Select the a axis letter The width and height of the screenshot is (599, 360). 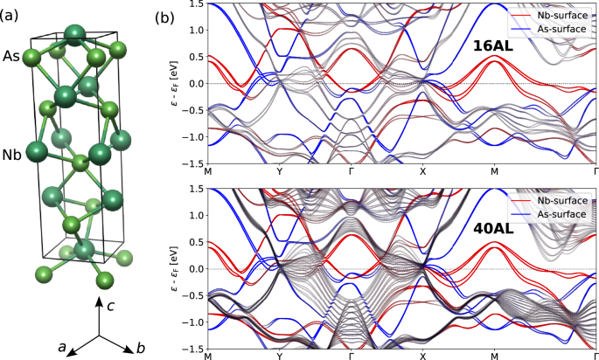coord(63,347)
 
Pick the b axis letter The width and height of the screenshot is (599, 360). coord(139,347)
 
